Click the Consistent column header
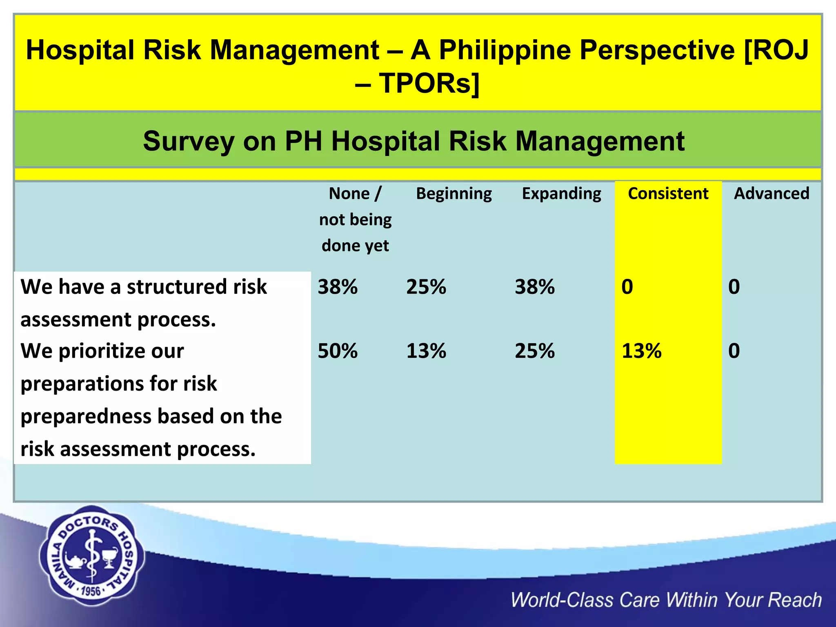click(x=668, y=193)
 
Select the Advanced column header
click(x=771, y=193)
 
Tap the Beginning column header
click(x=454, y=193)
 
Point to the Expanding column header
click(x=561, y=193)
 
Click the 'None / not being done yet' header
click(x=355, y=219)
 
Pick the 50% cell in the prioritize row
click(x=338, y=351)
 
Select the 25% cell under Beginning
click(x=426, y=287)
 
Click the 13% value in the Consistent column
click(x=641, y=351)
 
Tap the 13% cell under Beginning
click(x=426, y=351)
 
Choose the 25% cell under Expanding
click(x=534, y=351)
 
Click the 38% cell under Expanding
click(x=534, y=287)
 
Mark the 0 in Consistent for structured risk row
click(x=627, y=287)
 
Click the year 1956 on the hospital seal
click(x=91, y=591)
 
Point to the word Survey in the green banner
click(x=188, y=141)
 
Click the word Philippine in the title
click(x=505, y=50)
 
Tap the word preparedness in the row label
click(x=86, y=416)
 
